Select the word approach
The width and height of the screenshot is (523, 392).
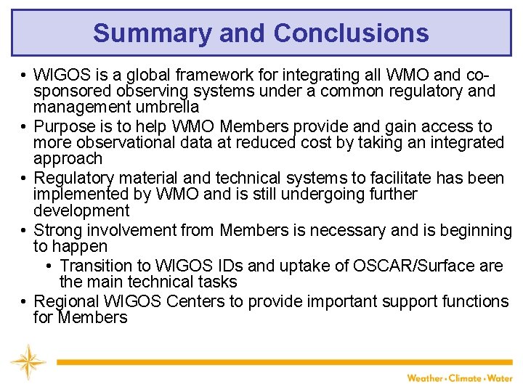68,159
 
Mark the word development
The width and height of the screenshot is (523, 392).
81,211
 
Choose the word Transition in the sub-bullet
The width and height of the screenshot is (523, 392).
95,266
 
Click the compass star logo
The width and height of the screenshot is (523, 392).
28,362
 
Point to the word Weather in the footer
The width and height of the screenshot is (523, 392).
424,378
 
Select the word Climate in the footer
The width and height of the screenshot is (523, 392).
466,378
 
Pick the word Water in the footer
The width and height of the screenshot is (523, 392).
500,378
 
